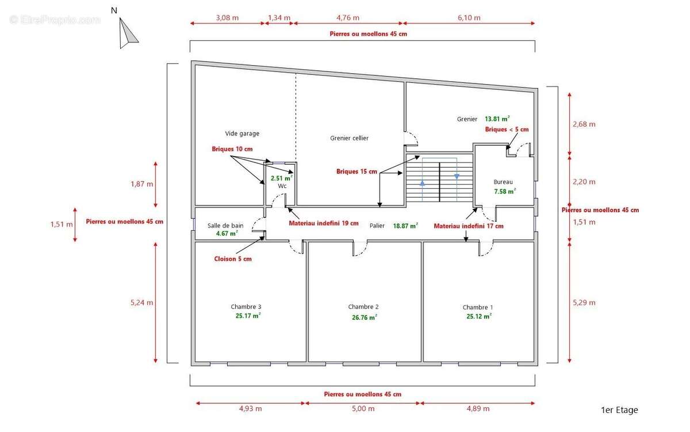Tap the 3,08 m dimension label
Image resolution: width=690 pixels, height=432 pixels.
tap(227, 18)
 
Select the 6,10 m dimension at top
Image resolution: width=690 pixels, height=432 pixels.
tap(469, 18)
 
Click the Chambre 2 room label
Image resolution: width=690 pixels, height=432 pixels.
tap(363, 307)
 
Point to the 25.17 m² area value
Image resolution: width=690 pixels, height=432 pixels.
tap(248, 316)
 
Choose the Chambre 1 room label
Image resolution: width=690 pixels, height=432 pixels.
tap(478, 308)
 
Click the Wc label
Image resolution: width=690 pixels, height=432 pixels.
tap(282, 187)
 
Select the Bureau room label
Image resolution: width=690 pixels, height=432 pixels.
tap(503, 181)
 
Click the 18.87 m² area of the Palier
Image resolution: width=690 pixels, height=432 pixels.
tap(405, 226)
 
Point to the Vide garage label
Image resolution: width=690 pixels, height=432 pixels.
tap(242, 134)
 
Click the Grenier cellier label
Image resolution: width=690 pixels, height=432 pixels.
tap(350, 138)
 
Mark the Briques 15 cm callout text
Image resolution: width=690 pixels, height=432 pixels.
tap(356, 171)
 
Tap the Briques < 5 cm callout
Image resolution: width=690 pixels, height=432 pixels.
tap(507, 130)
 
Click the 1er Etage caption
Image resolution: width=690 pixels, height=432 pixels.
tap(619, 410)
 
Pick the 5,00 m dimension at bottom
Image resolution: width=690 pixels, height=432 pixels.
tap(363, 409)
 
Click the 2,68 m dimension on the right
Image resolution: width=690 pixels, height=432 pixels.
tap(584, 124)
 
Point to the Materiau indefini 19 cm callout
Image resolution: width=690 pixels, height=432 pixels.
tap(324, 223)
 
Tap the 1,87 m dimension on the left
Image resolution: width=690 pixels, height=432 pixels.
tap(142, 184)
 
